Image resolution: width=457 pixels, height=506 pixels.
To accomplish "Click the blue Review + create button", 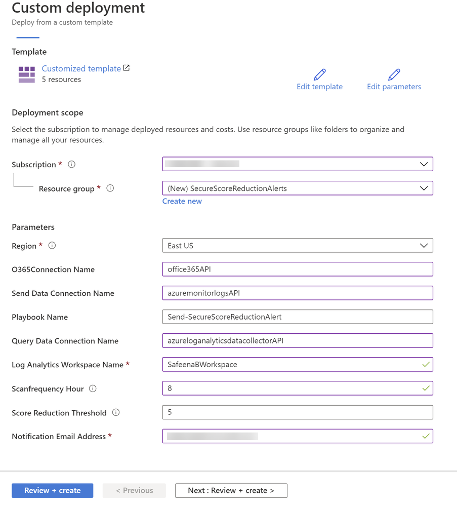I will (x=52, y=490).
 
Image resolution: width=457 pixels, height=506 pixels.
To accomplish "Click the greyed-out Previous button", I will (x=134, y=490).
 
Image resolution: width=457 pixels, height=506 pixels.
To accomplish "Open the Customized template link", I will (x=81, y=68).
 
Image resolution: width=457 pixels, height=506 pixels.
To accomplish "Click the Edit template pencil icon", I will (x=320, y=74).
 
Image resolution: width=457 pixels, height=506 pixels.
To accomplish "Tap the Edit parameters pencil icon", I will (x=394, y=74).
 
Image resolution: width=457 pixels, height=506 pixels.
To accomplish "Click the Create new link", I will (x=182, y=201).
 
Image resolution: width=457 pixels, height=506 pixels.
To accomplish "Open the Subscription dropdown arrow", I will (x=424, y=164).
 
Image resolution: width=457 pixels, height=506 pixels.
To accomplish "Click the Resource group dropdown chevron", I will (x=424, y=188).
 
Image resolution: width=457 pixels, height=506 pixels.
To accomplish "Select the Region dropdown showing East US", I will (x=297, y=246).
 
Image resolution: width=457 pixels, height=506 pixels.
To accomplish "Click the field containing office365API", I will (x=297, y=269).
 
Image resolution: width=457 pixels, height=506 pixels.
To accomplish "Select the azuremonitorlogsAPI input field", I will (x=297, y=293).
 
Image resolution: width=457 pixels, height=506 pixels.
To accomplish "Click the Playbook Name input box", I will (x=297, y=317).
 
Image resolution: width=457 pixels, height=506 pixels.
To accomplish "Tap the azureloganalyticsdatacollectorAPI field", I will (x=297, y=341).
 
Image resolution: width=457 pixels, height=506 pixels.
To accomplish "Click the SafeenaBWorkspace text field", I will (x=297, y=365).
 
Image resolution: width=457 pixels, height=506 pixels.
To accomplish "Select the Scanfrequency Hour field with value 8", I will (x=297, y=388).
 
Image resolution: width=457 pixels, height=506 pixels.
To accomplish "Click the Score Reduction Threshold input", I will (x=297, y=412).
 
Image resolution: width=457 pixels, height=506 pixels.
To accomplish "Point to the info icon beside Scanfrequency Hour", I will (x=93, y=388).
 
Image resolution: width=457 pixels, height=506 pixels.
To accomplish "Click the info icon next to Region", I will (x=52, y=246).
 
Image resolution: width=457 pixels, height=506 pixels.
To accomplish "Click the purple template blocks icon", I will (x=27, y=74).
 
